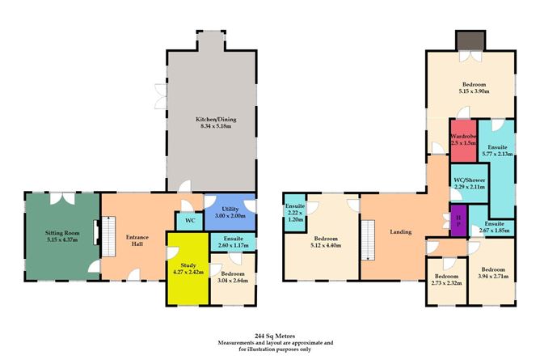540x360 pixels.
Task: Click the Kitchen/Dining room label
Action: (x=216, y=123)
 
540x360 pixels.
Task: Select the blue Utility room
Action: (x=230, y=213)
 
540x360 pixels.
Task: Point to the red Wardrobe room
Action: (x=463, y=141)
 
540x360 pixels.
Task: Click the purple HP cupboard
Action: (x=458, y=221)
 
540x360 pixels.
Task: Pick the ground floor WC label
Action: (x=190, y=220)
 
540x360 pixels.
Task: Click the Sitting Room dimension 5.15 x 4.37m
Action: (x=62, y=239)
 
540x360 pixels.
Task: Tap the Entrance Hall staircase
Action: (x=108, y=237)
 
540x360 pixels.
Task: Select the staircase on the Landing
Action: (x=368, y=240)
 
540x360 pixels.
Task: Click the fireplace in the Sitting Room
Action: (x=95, y=232)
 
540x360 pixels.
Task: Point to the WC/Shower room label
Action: (x=470, y=184)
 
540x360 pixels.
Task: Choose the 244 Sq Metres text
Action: (x=275, y=336)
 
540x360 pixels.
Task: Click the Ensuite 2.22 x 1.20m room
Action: (x=295, y=213)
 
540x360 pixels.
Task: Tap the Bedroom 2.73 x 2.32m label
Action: (x=446, y=280)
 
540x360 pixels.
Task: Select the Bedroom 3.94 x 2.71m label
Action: (x=493, y=273)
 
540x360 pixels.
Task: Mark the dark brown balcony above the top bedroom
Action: (x=470, y=40)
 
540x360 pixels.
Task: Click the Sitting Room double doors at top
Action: (x=62, y=198)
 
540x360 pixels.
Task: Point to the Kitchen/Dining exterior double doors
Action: (x=161, y=96)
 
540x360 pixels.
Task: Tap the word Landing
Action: (x=400, y=232)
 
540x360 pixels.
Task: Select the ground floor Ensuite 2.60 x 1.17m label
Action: (x=233, y=242)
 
